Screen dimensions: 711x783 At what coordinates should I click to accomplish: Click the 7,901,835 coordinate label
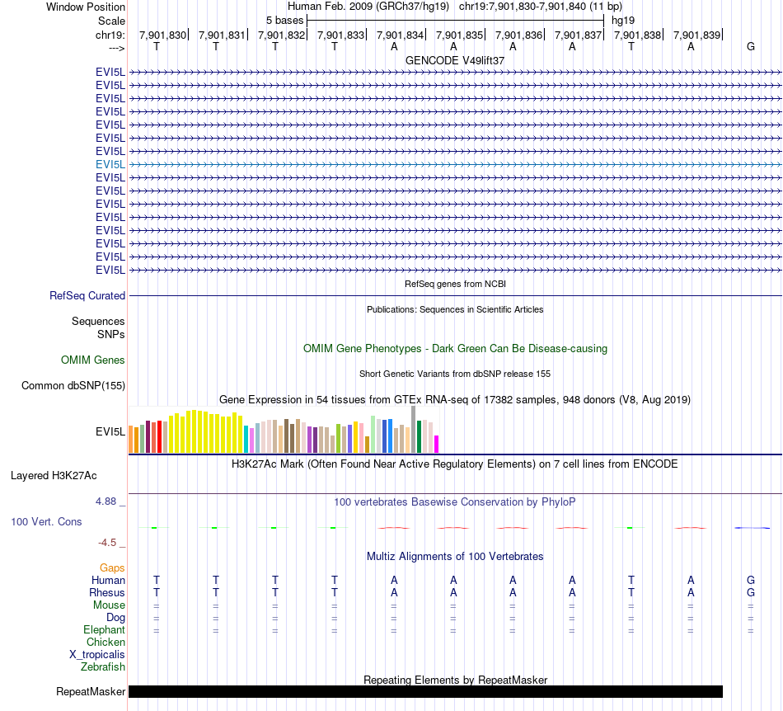tap(460, 35)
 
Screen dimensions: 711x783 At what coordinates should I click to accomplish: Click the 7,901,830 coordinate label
tap(163, 35)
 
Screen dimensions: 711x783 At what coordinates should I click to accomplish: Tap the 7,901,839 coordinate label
tap(696, 35)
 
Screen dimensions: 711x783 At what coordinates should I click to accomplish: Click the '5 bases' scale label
tap(284, 20)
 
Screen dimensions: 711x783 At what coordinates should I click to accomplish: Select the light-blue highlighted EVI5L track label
tap(110, 164)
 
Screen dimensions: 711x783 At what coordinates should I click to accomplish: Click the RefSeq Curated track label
tap(87, 295)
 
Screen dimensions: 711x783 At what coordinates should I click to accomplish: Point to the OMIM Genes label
tap(93, 360)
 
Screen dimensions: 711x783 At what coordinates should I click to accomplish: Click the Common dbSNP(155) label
tap(73, 385)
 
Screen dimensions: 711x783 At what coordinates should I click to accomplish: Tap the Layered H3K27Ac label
tap(54, 475)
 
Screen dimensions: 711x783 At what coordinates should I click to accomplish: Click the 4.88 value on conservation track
tap(110, 501)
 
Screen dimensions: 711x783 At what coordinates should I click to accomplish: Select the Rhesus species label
tap(107, 592)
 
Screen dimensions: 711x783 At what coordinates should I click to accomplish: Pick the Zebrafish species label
tap(103, 666)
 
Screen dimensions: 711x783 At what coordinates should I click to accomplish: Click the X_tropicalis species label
tap(97, 654)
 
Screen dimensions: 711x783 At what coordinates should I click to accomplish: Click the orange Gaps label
tap(112, 567)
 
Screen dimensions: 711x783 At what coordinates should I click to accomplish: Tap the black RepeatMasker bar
tap(425, 691)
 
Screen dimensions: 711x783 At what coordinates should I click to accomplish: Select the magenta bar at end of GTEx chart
tap(437, 444)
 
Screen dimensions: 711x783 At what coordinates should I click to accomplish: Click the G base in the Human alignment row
tap(750, 580)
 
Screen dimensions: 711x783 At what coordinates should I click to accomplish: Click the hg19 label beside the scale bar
tap(623, 20)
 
